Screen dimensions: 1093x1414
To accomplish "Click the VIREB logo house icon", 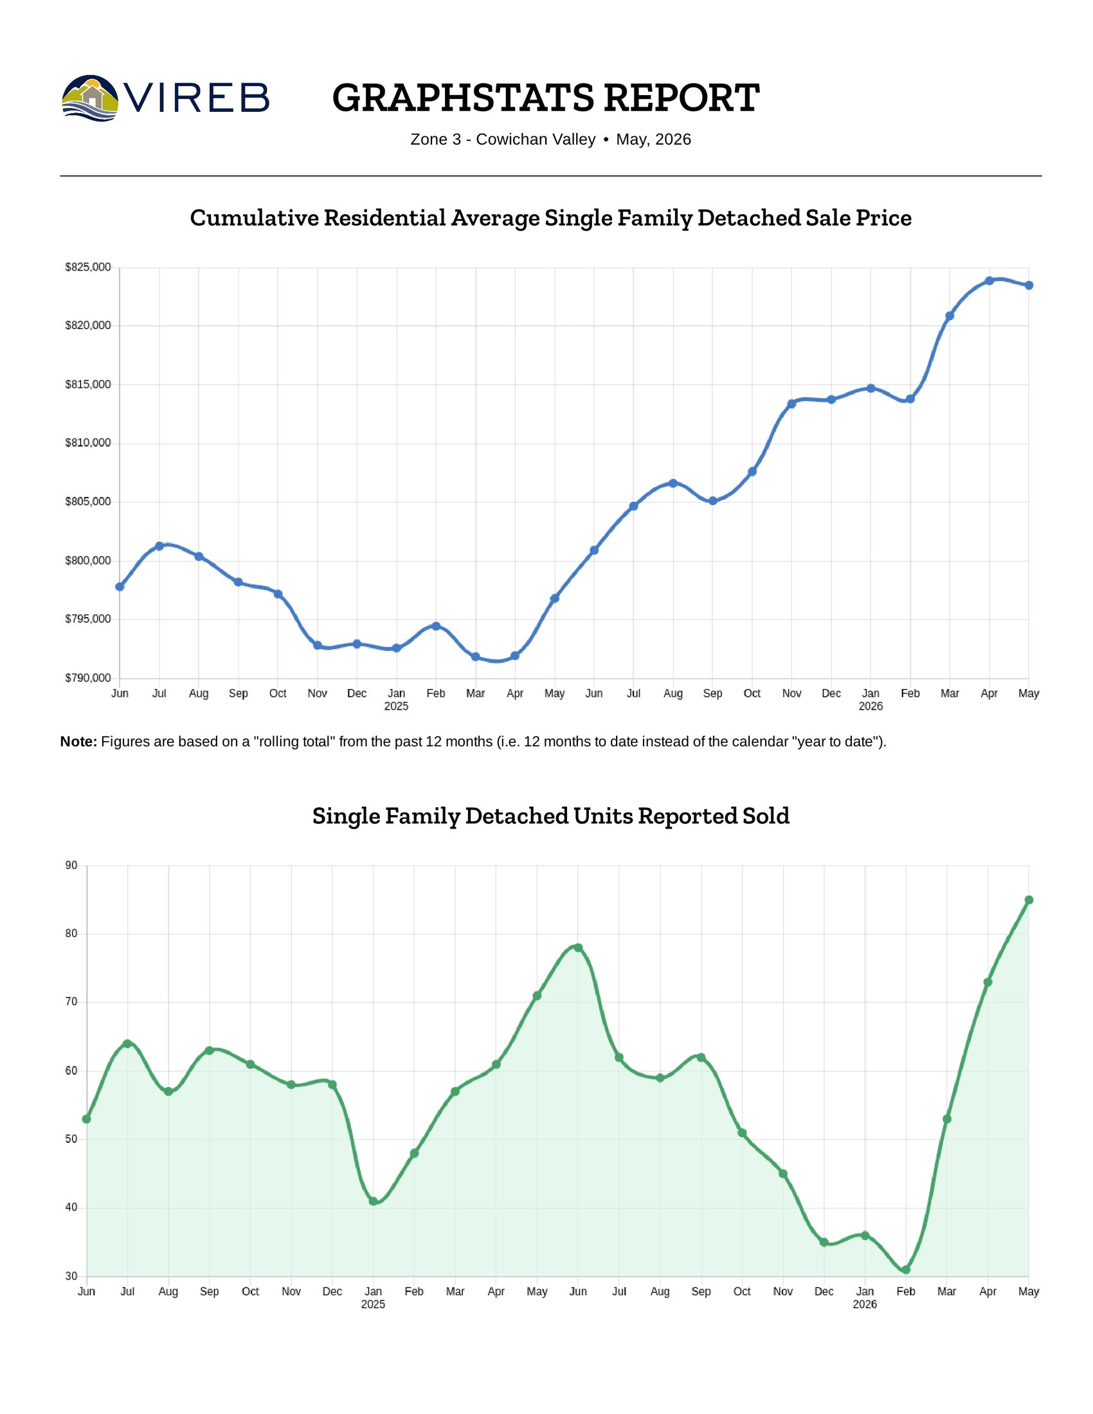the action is [90, 98].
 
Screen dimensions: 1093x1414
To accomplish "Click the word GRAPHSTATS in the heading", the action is [463, 98].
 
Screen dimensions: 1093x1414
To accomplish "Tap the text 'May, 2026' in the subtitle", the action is [653, 140].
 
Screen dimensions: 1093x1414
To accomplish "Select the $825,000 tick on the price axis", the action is [88, 267].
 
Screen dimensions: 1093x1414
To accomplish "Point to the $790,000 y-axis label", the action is [88, 678].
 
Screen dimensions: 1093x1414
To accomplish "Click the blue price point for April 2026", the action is [989, 281].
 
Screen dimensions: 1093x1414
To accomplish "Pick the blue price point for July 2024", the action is [159, 546].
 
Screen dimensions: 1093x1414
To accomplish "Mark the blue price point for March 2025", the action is [475, 656].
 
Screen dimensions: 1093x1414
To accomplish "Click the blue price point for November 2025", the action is [791, 404].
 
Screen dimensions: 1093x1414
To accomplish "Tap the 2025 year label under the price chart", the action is [396, 706].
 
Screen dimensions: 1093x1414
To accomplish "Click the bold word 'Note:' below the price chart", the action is [78, 742].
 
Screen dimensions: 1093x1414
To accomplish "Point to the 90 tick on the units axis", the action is [71, 866].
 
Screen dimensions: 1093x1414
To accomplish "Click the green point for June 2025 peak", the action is [578, 948].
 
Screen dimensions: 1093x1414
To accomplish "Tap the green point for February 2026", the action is [906, 1269].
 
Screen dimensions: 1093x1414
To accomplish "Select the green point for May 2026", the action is [1029, 900].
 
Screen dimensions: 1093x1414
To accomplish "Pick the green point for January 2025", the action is [373, 1201].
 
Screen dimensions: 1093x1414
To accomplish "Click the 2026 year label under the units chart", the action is [864, 1305].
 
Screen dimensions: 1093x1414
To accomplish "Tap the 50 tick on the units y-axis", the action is [71, 1139].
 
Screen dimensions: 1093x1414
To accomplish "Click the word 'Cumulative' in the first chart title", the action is [255, 217].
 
